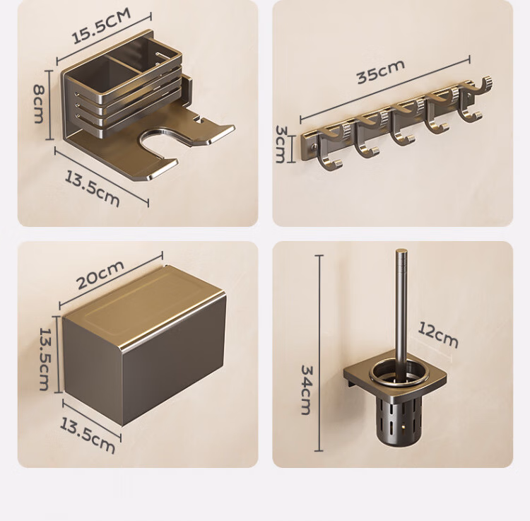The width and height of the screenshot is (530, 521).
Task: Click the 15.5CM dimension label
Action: [101, 27]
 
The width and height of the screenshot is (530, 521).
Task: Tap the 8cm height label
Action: [39, 104]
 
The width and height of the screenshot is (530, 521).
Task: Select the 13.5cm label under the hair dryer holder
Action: [92, 189]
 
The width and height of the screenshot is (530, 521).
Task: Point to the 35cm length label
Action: [381, 71]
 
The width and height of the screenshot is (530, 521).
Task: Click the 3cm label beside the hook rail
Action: [281, 144]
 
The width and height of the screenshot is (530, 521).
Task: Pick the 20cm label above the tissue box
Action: [100, 275]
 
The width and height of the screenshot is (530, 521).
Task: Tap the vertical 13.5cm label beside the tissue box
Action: [45, 359]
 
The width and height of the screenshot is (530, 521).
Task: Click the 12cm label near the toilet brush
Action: [438, 334]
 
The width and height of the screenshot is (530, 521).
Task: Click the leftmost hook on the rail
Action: [329, 148]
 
